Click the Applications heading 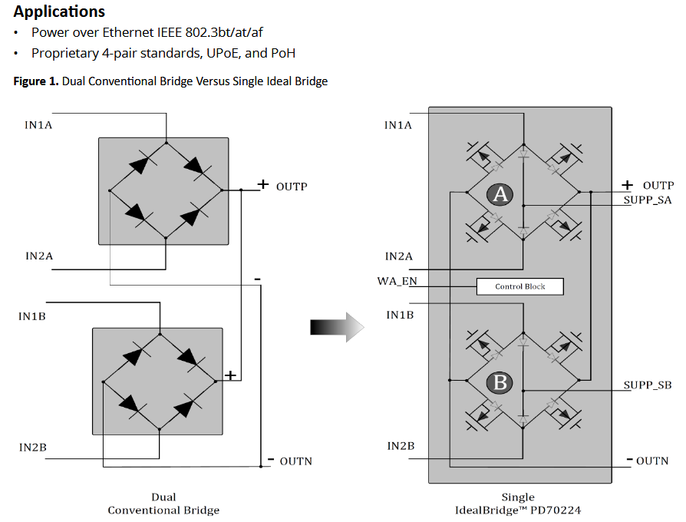[59, 12]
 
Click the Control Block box [519, 286]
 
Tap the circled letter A [500, 195]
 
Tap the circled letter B [500, 382]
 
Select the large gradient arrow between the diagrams [335, 326]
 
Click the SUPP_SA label [647, 200]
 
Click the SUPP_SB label [647, 385]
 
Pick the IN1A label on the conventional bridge [38, 124]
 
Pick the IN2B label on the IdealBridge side [401, 446]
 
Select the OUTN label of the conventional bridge [295, 461]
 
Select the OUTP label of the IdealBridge [658, 185]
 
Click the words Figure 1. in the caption [36, 81]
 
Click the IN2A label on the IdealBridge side [399, 256]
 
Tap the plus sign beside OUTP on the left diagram [262, 185]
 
